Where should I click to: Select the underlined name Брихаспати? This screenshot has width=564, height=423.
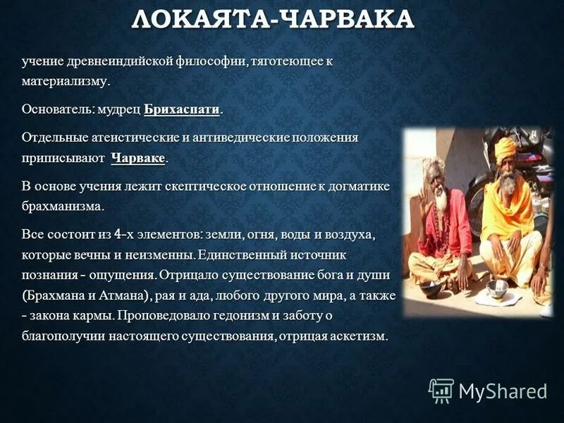(183, 110)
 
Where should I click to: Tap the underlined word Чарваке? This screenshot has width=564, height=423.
(138, 159)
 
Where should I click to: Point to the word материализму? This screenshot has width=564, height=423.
(65, 82)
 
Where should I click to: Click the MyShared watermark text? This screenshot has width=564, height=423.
(503, 390)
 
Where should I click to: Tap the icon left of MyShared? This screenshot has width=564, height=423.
(441, 390)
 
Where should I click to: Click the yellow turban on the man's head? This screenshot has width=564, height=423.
(505, 149)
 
